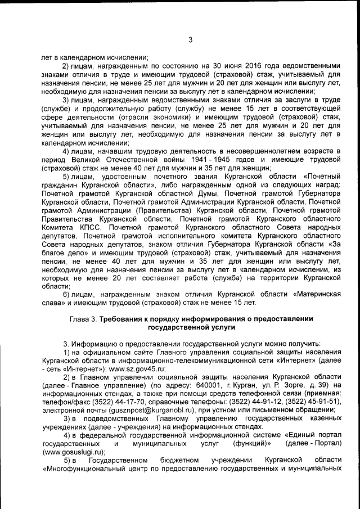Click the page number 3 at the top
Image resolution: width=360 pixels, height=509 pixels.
tap(190, 39)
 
